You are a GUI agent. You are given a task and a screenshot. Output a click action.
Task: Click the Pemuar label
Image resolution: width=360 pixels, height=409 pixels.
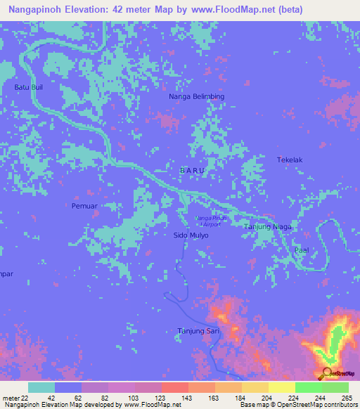(x=84, y=206)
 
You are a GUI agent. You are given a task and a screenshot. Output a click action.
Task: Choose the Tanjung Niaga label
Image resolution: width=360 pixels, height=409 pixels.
(x=267, y=227)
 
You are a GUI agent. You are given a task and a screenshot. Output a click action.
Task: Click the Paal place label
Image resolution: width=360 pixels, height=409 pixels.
(x=302, y=250)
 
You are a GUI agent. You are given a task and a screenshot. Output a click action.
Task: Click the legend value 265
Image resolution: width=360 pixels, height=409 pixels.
(x=347, y=398)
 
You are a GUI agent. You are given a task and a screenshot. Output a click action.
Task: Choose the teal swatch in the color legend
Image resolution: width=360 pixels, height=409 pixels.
(x=41, y=387)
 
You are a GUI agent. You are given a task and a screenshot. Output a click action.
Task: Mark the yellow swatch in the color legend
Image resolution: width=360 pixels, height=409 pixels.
(x=281, y=387)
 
